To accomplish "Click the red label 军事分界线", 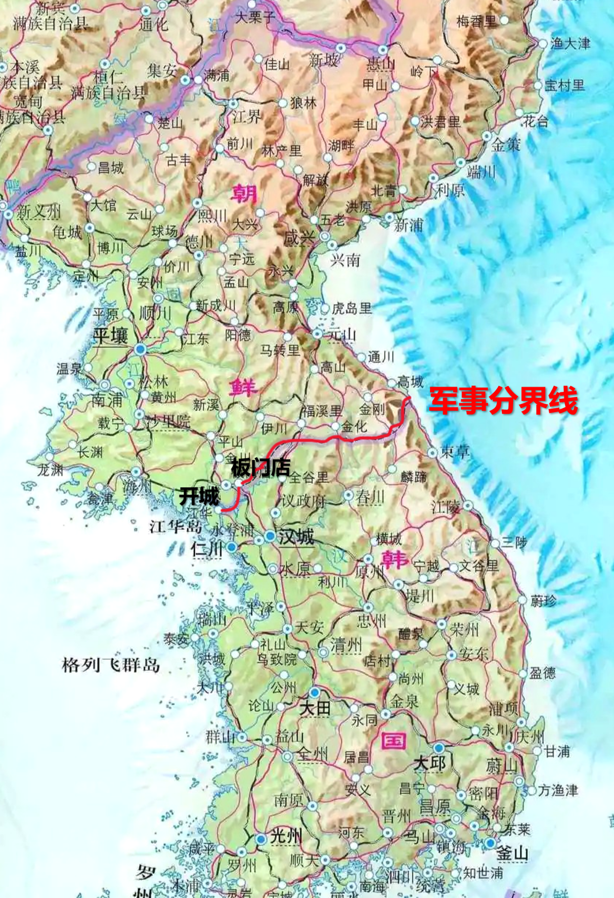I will pos(503,400).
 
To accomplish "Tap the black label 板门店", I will pos(261,468).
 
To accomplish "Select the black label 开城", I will pos(199,496).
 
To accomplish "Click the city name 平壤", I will pos(111,336).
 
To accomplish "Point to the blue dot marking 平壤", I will pos(140,349).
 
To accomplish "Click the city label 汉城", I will pos(296,537).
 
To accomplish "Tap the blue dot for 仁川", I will pos(231,547).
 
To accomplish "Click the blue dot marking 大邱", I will pos(439,748).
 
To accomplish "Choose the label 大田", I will pos(315,708).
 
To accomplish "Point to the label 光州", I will pos(286,836).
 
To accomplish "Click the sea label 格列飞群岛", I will pos(111,665).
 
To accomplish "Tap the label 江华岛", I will pos(176,526).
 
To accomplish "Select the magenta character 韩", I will pos(395,559).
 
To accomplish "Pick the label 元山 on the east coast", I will pos(342,335).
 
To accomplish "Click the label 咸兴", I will pos(299,238).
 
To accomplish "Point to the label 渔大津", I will pos(570,43).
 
